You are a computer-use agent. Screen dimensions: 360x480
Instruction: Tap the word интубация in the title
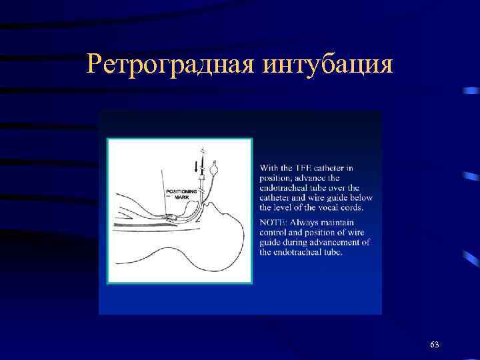coord(327,65)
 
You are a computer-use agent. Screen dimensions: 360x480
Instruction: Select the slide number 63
coord(435,344)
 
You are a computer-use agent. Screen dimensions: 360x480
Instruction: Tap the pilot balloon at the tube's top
coord(214,168)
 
